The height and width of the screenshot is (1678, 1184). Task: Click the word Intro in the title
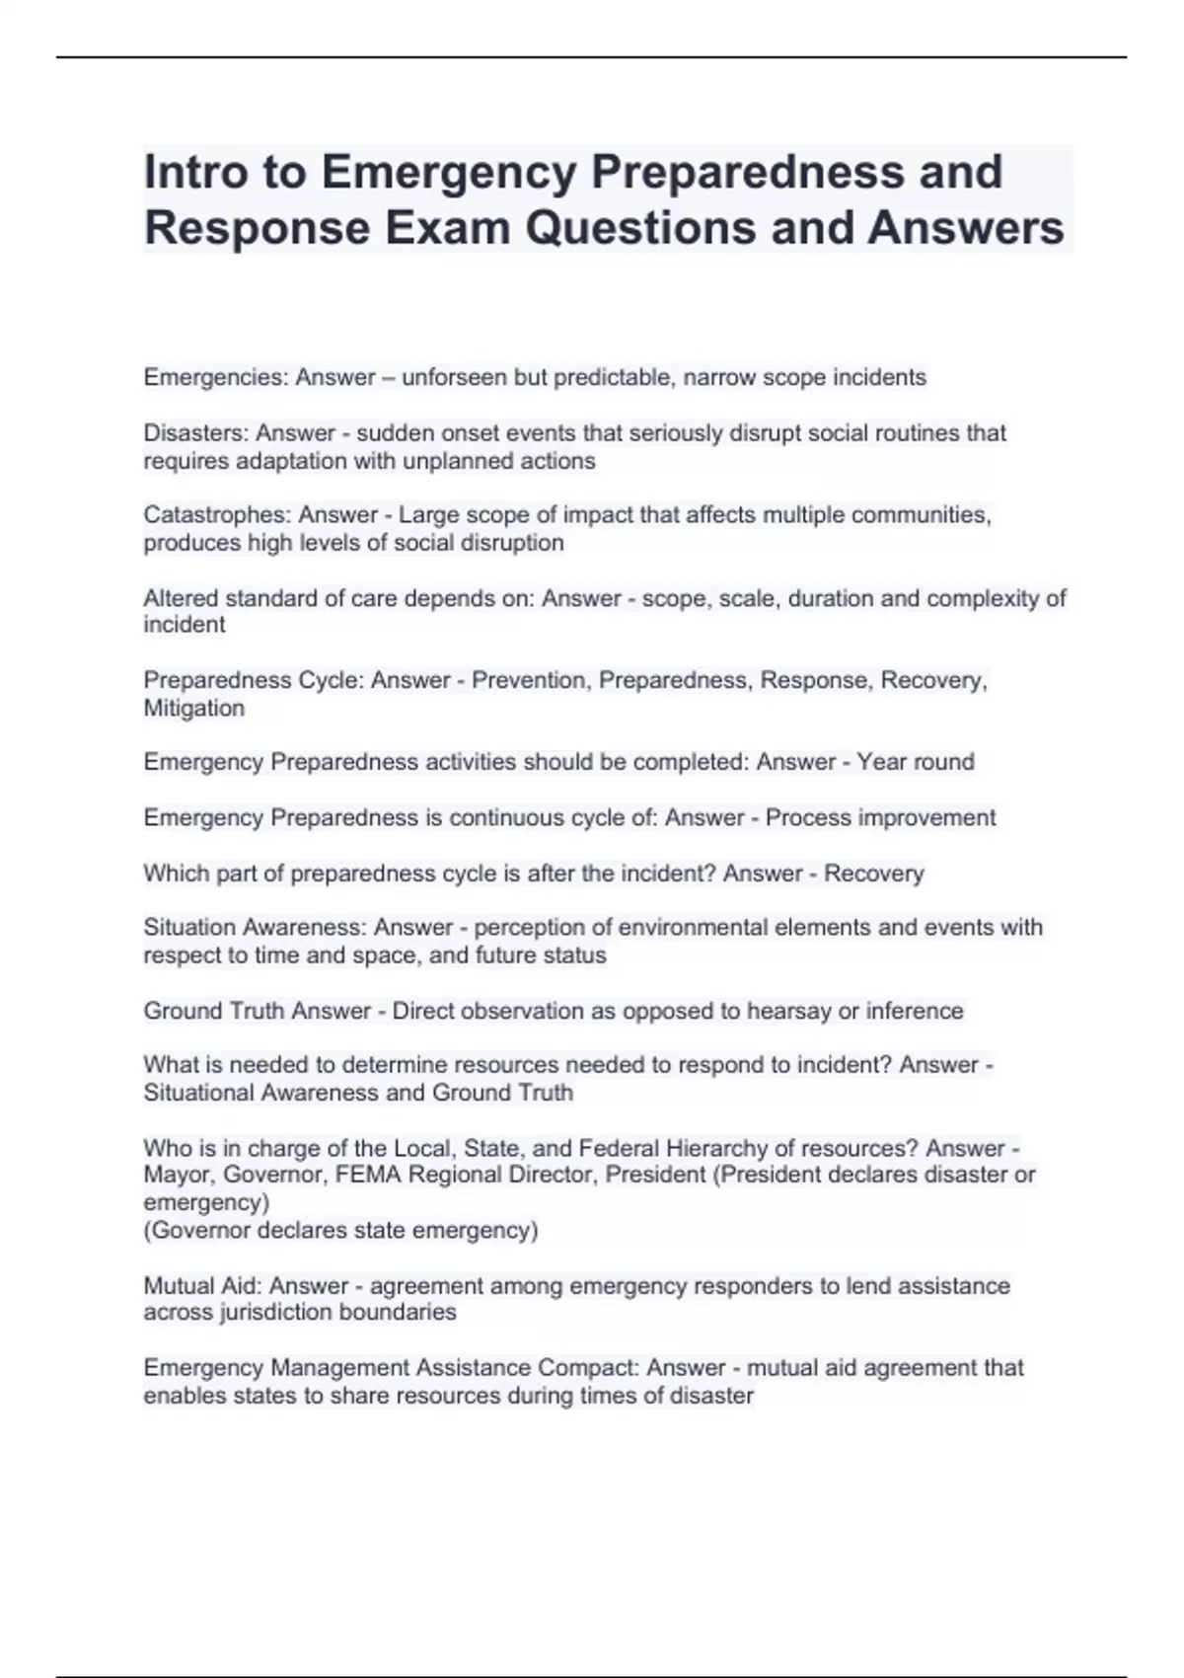pos(192,172)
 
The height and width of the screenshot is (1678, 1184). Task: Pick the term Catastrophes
pos(216,515)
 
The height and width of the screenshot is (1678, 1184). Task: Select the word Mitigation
pos(194,708)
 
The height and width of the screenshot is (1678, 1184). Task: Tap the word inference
pos(915,1011)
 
